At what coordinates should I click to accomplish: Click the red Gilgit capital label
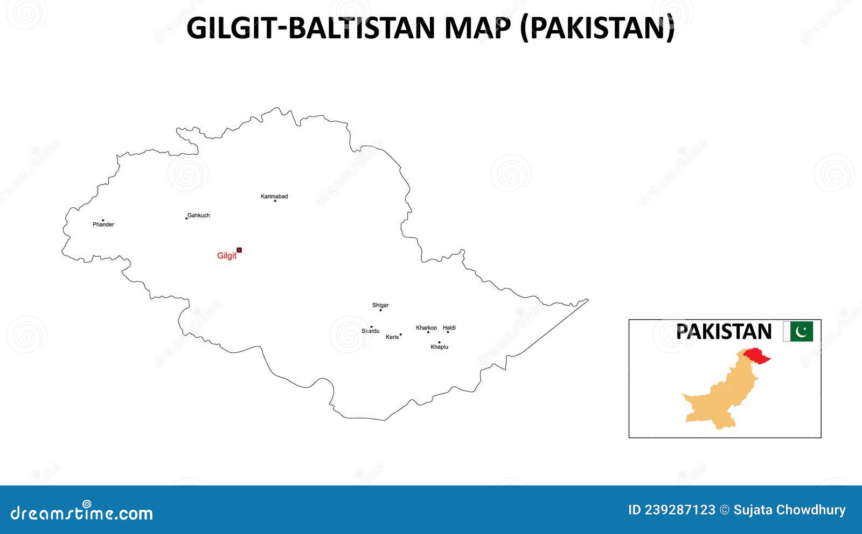point(226,256)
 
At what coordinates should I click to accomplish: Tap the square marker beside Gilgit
point(239,250)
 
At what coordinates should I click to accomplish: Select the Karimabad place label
point(274,196)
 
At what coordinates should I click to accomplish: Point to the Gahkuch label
point(199,215)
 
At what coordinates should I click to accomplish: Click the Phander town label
point(103,224)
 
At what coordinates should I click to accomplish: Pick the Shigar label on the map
point(380,305)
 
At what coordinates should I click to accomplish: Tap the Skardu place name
point(371,331)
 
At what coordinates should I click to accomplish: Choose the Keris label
point(392,337)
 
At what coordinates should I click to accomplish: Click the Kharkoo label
point(426,327)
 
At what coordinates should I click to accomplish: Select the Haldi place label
point(449,327)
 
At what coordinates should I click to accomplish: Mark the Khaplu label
point(439,347)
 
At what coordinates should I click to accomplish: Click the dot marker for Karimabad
point(275,201)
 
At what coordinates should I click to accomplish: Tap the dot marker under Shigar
point(380,310)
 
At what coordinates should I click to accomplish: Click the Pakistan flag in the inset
point(798,331)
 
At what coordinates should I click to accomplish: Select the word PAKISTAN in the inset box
point(724,331)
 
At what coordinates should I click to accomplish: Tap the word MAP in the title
point(477,28)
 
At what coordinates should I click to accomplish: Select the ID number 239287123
point(679,510)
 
